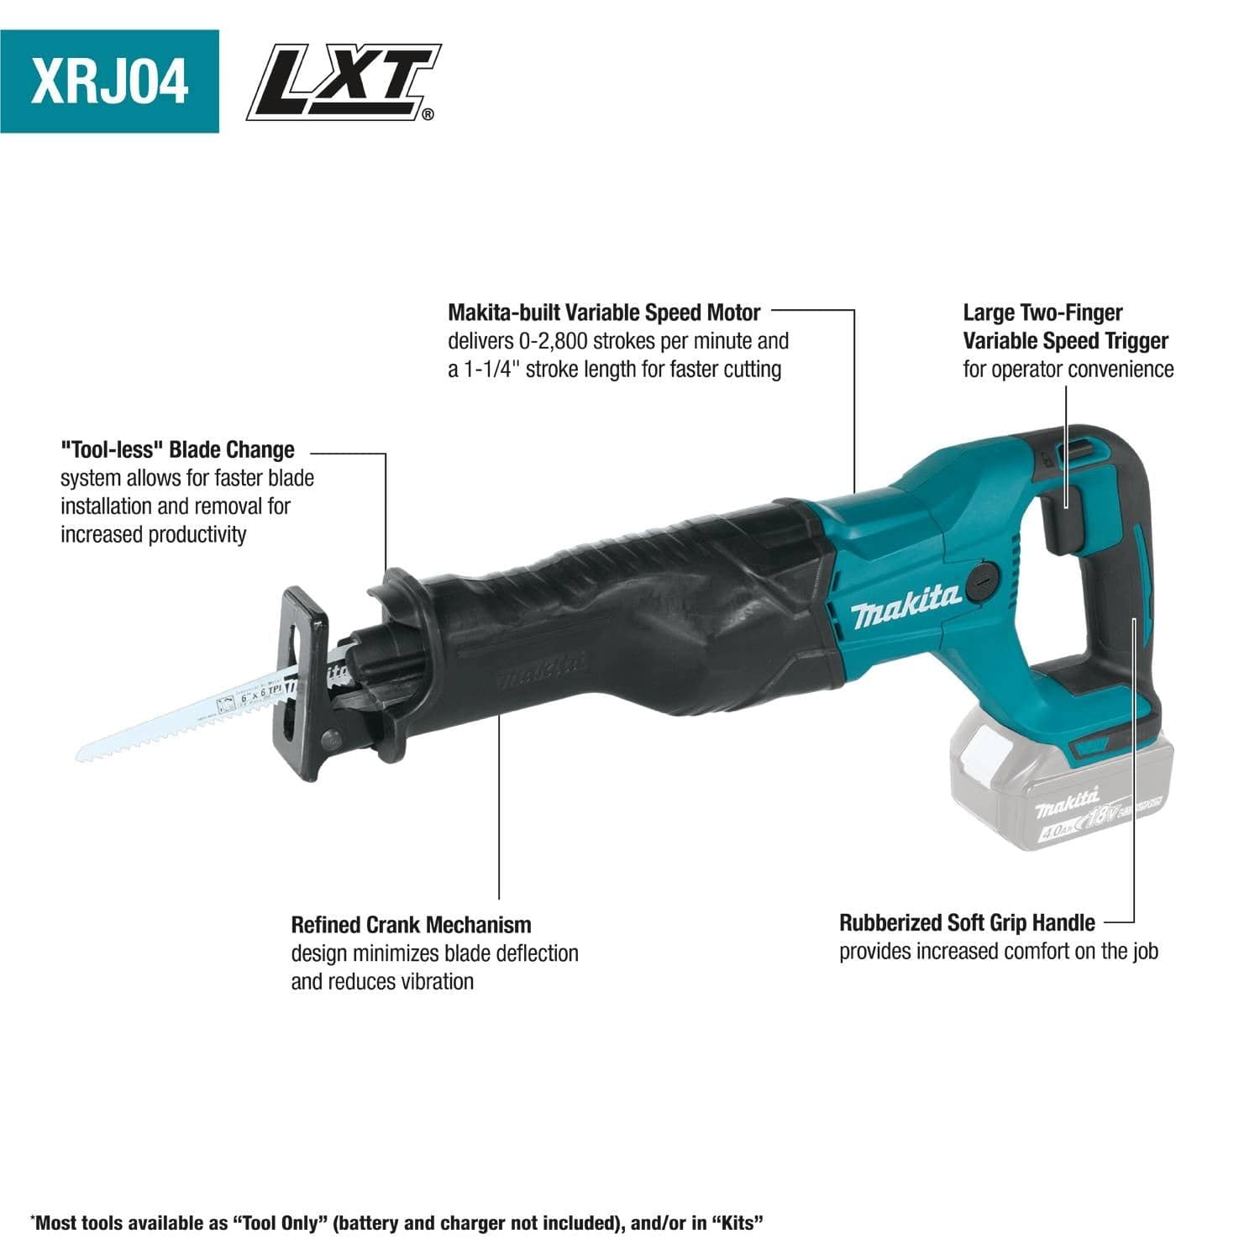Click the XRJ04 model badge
point(109,81)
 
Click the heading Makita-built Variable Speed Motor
point(603,313)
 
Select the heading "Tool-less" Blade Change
point(177,450)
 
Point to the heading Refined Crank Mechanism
point(411,925)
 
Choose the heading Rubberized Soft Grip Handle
point(967,923)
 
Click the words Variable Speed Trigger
point(1065,341)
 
